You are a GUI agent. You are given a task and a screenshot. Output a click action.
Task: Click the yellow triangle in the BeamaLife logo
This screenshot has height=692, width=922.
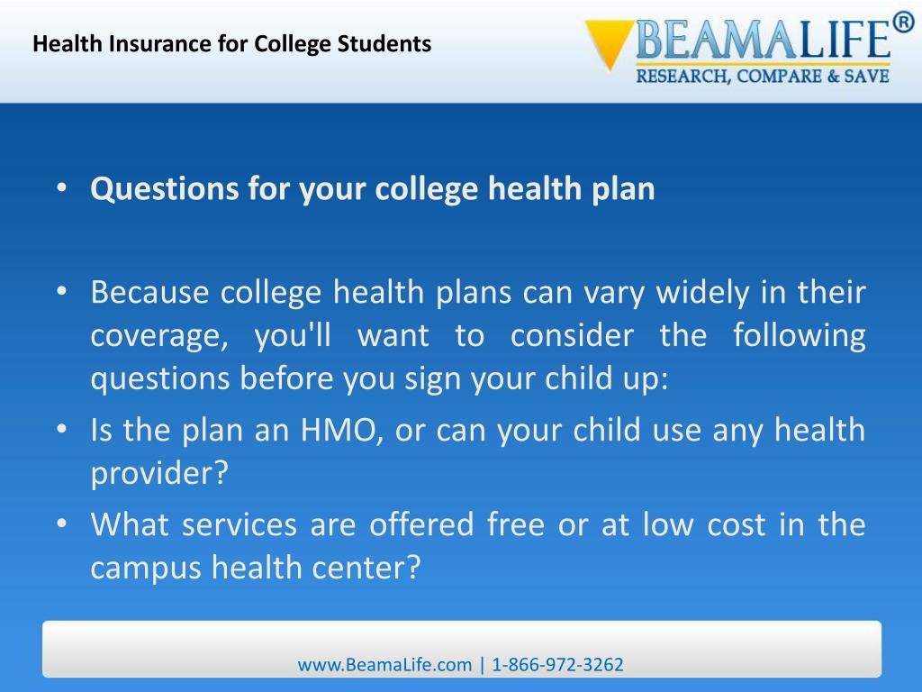click(609, 43)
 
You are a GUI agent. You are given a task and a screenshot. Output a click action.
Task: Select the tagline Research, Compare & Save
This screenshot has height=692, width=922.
click(763, 77)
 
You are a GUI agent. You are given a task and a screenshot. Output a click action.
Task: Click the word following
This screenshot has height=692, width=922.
click(799, 336)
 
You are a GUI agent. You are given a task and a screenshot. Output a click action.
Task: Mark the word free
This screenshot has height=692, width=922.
click(515, 524)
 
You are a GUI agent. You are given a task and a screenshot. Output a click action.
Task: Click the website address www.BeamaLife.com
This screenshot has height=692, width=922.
click(384, 665)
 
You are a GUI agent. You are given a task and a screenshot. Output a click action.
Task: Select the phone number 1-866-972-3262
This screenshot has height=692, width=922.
click(558, 665)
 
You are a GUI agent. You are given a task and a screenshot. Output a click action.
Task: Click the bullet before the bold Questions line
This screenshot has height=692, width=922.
click(61, 190)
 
